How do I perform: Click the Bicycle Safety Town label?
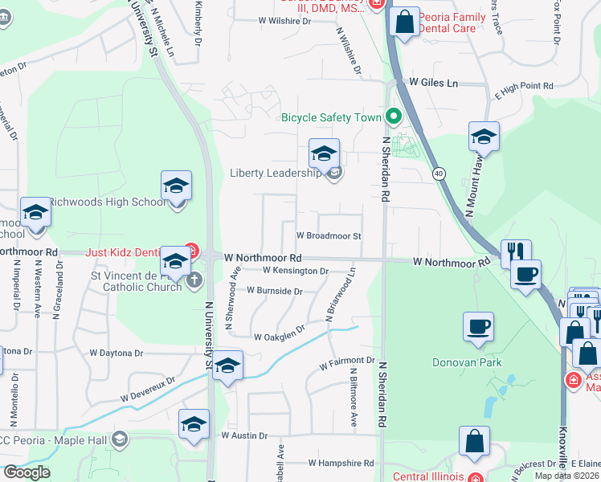pyautogui.click(x=330, y=117)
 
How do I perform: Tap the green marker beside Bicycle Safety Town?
pyautogui.click(x=394, y=117)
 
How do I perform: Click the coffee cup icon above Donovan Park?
pyautogui.click(x=479, y=328)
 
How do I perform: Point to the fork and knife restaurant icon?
pyautogui.click(x=516, y=253)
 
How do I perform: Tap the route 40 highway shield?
pyautogui.click(x=438, y=173)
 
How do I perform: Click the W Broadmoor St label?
pyautogui.click(x=329, y=236)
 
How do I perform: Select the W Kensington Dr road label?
pyautogui.click(x=296, y=272)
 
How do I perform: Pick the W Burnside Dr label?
pyautogui.click(x=274, y=291)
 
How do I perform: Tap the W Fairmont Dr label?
pyautogui.click(x=347, y=364)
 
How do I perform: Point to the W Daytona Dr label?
pyautogui.click(x=116, y=353)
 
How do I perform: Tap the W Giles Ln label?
pyautogui.click(x=433, y=83)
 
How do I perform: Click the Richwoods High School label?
pyautogui.click(x=107, y=202)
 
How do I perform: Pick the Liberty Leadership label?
pyautogui.click(x=276, y=172)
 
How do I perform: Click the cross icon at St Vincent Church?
pyautogui.click(x=194, y=280)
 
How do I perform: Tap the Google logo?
pyautogui.click(x=27, y=472)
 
